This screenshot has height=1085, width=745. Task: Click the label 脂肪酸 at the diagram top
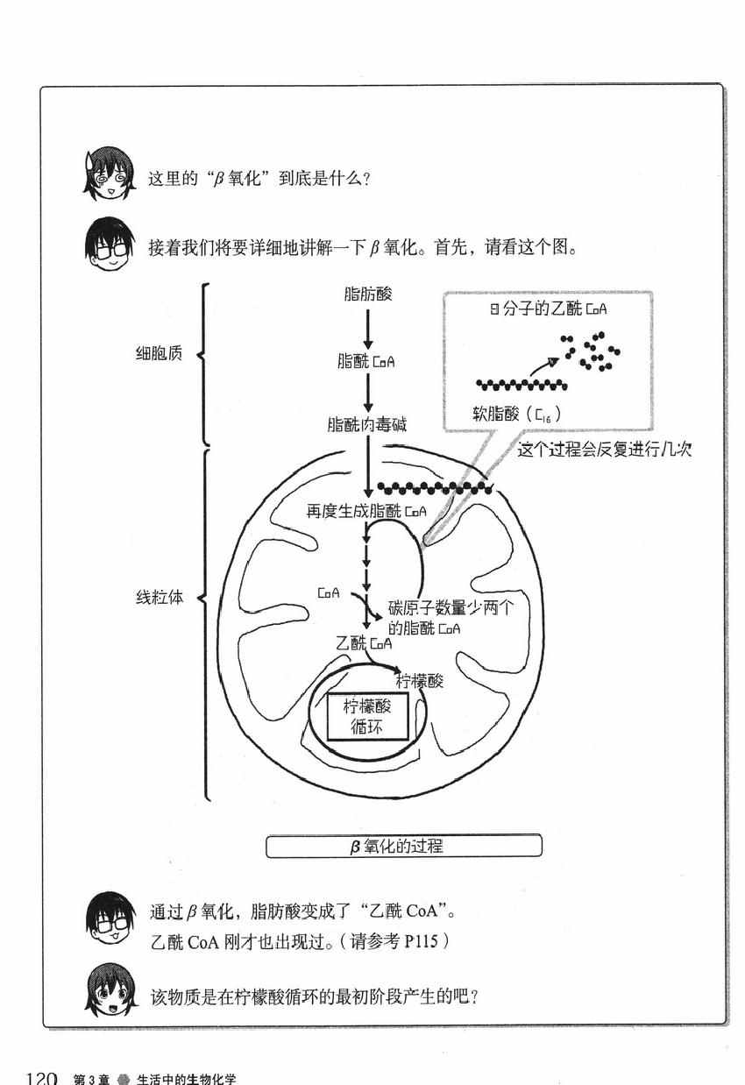[x=368, y=294]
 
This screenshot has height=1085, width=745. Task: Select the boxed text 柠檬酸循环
[x=367, y=717]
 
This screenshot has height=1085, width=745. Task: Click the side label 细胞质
[x=159, y=358]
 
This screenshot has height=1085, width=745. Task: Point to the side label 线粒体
[x=159, y=601]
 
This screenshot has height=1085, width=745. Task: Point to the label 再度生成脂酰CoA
[x=366, y=510]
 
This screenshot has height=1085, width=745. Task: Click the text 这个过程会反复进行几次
[x=605, y=450]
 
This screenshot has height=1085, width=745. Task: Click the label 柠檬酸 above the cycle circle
[x=419, y=681]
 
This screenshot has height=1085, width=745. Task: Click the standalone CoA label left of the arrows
[x=329, y=593]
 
